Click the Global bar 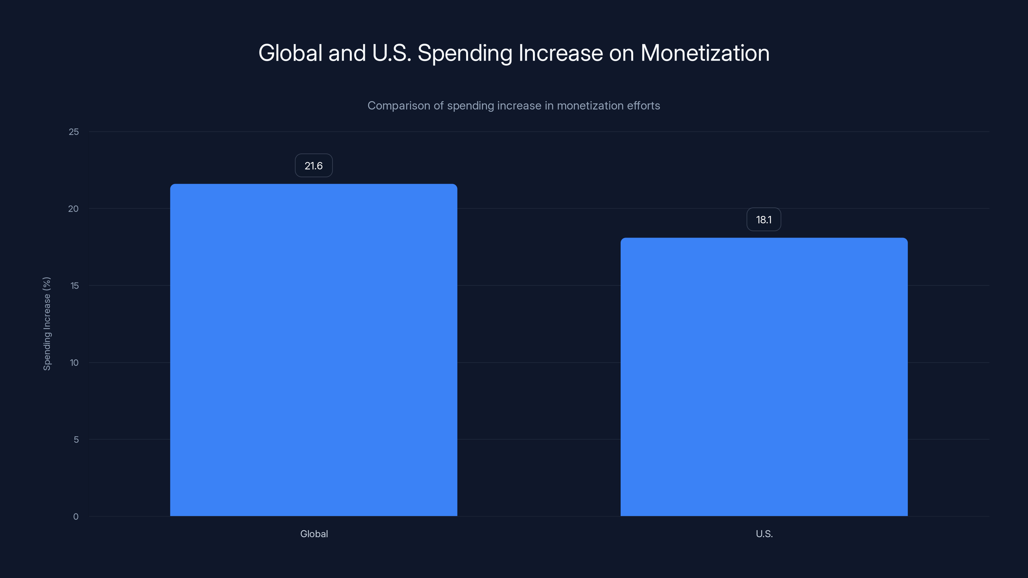[x=314, y=350]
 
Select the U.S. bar [x=764, y=377]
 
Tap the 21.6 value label [x=314, y=166]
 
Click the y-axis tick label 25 [x=74, y=132]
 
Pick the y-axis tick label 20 [x=74, y=209]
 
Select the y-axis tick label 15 [x=74, y=285]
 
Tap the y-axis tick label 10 [x=74, y=363]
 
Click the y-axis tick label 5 [x=76, y=440]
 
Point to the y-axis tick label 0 [x=76, y=517]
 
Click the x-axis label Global [x=314, y=534]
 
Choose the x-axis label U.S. [x=764, y=534]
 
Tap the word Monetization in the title [x=705, y=53]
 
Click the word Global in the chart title [x=290, y=53]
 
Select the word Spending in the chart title [x=465, y=53]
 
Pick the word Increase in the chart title [x=560, y=53]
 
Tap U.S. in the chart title [x=391, y=53]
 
